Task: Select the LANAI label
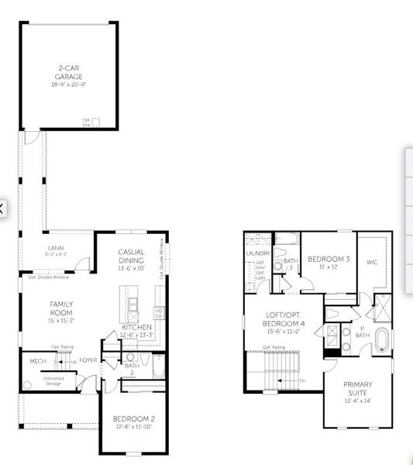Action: pos(57,247)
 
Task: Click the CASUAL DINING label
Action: pos(132,256)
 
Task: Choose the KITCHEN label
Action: pos(137,328)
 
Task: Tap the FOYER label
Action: pos(88,360)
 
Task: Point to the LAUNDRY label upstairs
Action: pos(257,253)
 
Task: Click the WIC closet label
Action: pos(372,262)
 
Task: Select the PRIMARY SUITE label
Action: pos(358,388)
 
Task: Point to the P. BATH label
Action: pos(363,332)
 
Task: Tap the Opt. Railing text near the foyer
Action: pos(62,346)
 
